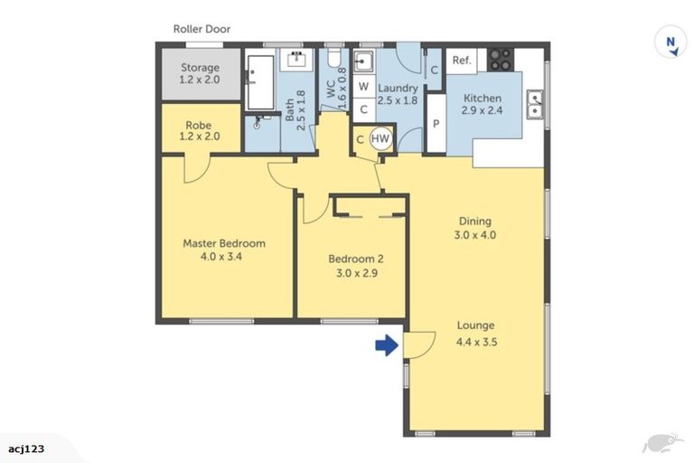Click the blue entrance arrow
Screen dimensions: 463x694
pos(386,345)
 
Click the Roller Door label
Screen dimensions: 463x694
pos(202,29)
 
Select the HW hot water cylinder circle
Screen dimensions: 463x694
pos(380,139)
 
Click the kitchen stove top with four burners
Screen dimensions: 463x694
pos(500,60)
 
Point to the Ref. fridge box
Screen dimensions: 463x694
pos(462,61)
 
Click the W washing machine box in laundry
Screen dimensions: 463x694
pos(363,87)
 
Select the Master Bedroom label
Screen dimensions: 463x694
pos(224,243)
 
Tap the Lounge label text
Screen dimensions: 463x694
pos(475,326)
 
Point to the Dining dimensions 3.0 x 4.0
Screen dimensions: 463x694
pos(475,235)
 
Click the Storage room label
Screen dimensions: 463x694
pos(200,68)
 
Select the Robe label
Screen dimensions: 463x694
pos(199,126)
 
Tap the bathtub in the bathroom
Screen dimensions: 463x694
pos(260,80)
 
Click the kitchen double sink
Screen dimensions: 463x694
pos(535,107)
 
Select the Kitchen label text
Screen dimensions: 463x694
pos(483,98)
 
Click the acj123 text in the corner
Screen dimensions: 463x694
pos(27,448)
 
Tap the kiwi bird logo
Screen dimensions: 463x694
pos(661,442)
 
